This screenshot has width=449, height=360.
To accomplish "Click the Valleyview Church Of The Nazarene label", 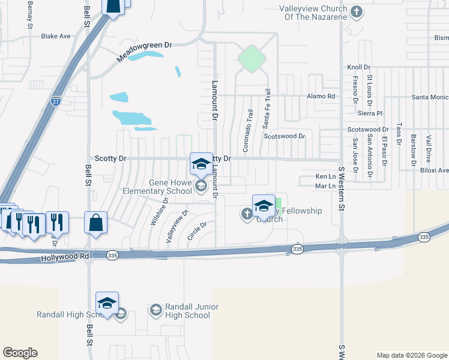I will click(x=313, y=13).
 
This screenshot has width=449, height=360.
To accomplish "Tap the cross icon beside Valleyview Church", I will click(x=357, y=11).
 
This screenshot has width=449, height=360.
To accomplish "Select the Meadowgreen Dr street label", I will click(x=144, y=52).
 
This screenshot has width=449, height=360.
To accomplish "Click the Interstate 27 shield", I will click(x=56, y=101).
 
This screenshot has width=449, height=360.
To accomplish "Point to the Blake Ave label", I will click(x=56, y=36).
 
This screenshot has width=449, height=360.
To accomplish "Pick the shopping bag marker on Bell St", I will click(x=96, y=222).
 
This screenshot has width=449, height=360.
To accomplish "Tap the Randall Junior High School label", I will click(x=184, y=311).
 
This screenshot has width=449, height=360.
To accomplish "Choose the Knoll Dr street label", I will click(x=359, y=68).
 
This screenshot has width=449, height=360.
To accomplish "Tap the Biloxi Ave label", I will click(x=435, y=170).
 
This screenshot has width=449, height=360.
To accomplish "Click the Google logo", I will click(x=20, y=353).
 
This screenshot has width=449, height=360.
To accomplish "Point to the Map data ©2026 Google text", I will click(x=411, y=355).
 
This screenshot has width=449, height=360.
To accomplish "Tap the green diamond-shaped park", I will click(x=252, y=59).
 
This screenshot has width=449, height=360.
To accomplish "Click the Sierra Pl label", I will click(x=370, y=113).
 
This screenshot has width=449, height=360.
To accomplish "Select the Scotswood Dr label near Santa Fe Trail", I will click(x=285, y=136).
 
